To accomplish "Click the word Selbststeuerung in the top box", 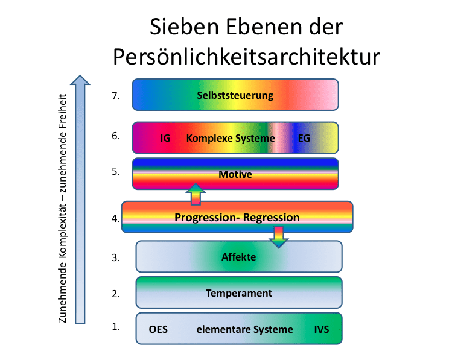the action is (x=235, y=95).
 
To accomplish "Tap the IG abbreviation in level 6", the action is (x=165, y=138).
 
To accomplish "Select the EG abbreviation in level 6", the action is (x=304, y=138).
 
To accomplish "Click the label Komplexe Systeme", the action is (x=231, y=138).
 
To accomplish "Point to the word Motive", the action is (x=235, y=174).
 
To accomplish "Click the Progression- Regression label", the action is (x=237, y=218).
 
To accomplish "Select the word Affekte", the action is (x=239, y=257).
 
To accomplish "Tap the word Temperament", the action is (x=239, y=293).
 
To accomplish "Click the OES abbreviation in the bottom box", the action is (x=158, y=329).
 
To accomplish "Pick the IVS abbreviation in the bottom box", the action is (x=322, y=329).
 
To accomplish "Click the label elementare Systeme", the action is (x=245, y=329).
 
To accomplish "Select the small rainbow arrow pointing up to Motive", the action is (x=196, y=194).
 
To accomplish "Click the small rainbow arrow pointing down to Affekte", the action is (x=278, y=237).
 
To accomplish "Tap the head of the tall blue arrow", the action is (x=80, y=80).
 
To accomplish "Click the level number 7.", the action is (x=116, y=96).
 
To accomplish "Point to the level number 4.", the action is (x=116, y=218).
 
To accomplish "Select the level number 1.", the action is (x=116, y=327).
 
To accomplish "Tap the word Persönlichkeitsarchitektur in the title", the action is (x=246, y=57).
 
